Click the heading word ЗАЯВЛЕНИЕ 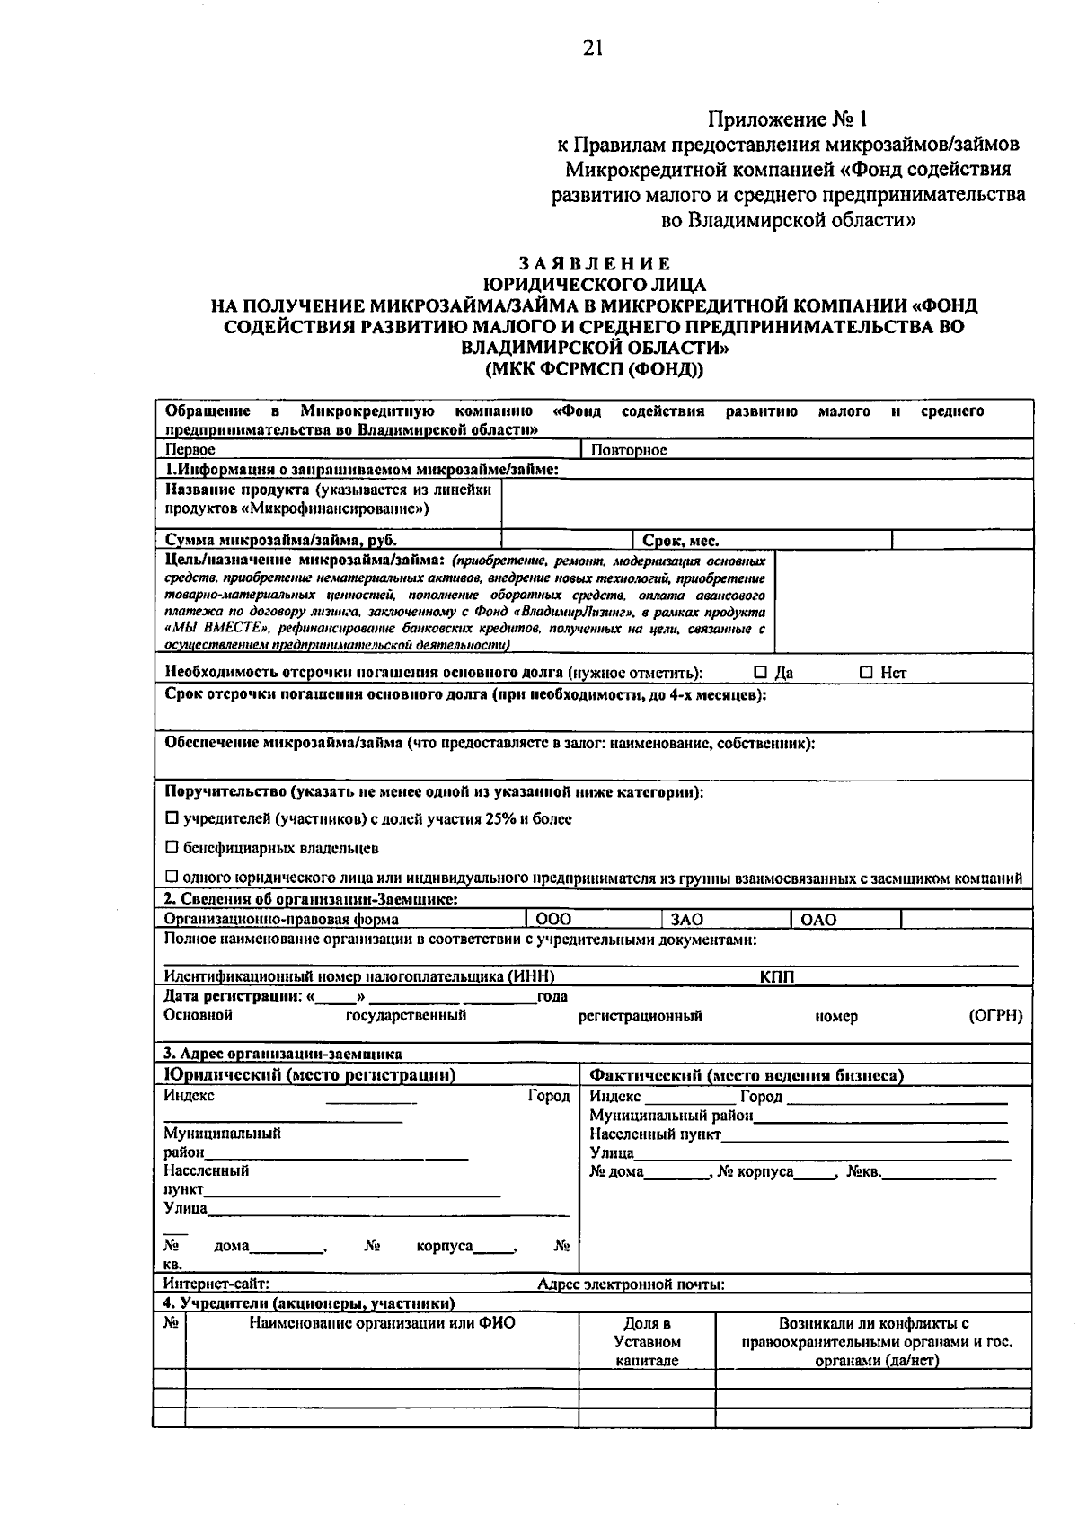click(x=594, y=264)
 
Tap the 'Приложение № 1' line click(x=788, y=119)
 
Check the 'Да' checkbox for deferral click(x=761, y=672)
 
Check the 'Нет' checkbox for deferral click(x=866, y=672)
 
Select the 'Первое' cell click(x=190, y=449)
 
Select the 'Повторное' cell click(x=628, y=449)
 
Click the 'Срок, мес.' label click(x=680, y=540)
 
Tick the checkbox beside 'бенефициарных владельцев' click(x=172, y=848)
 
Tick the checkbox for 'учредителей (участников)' click(x=172, y=819)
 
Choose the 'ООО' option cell click(x=552, y=919)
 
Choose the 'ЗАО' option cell click(x=687, y=919)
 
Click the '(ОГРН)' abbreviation click(x=995, y=1016)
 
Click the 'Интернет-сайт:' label click(x=216, y=1284)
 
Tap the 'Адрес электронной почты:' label click(x=631, y=1284)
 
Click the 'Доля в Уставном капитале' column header click(x=647, y=1342)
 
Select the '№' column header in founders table click(x=170, y=1324)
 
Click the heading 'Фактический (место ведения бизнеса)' click(x=746, y=1075)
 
